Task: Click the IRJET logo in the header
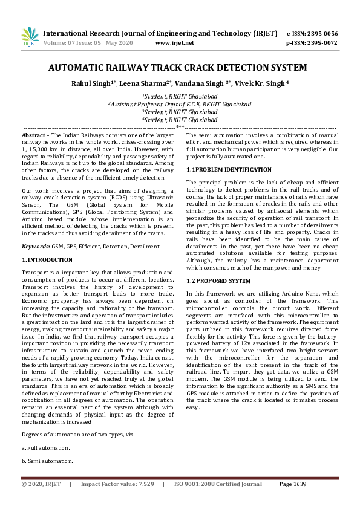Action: (30, 37)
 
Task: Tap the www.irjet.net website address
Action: (175, 43)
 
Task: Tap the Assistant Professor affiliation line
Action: (180, 104)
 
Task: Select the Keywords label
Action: (36, 247)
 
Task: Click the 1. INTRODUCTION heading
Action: (47, 259)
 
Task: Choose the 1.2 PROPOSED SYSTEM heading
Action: (218, 281)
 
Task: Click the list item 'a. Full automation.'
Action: (45, 447)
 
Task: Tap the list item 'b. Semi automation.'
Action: (47, 461)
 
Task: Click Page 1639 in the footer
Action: (293, 484)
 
